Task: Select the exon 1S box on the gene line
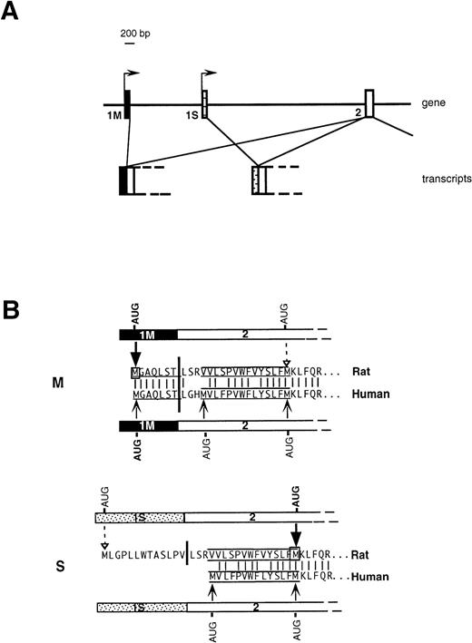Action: coord(204,104)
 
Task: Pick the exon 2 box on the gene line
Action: coord(369,102)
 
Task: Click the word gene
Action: coord(436,105)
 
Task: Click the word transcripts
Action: coord(439,179)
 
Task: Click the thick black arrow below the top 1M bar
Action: coord(134,352)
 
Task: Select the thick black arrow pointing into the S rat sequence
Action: coord(296,532)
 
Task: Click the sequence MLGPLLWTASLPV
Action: coord(141,555)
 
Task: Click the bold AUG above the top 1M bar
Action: coord(134,319)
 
